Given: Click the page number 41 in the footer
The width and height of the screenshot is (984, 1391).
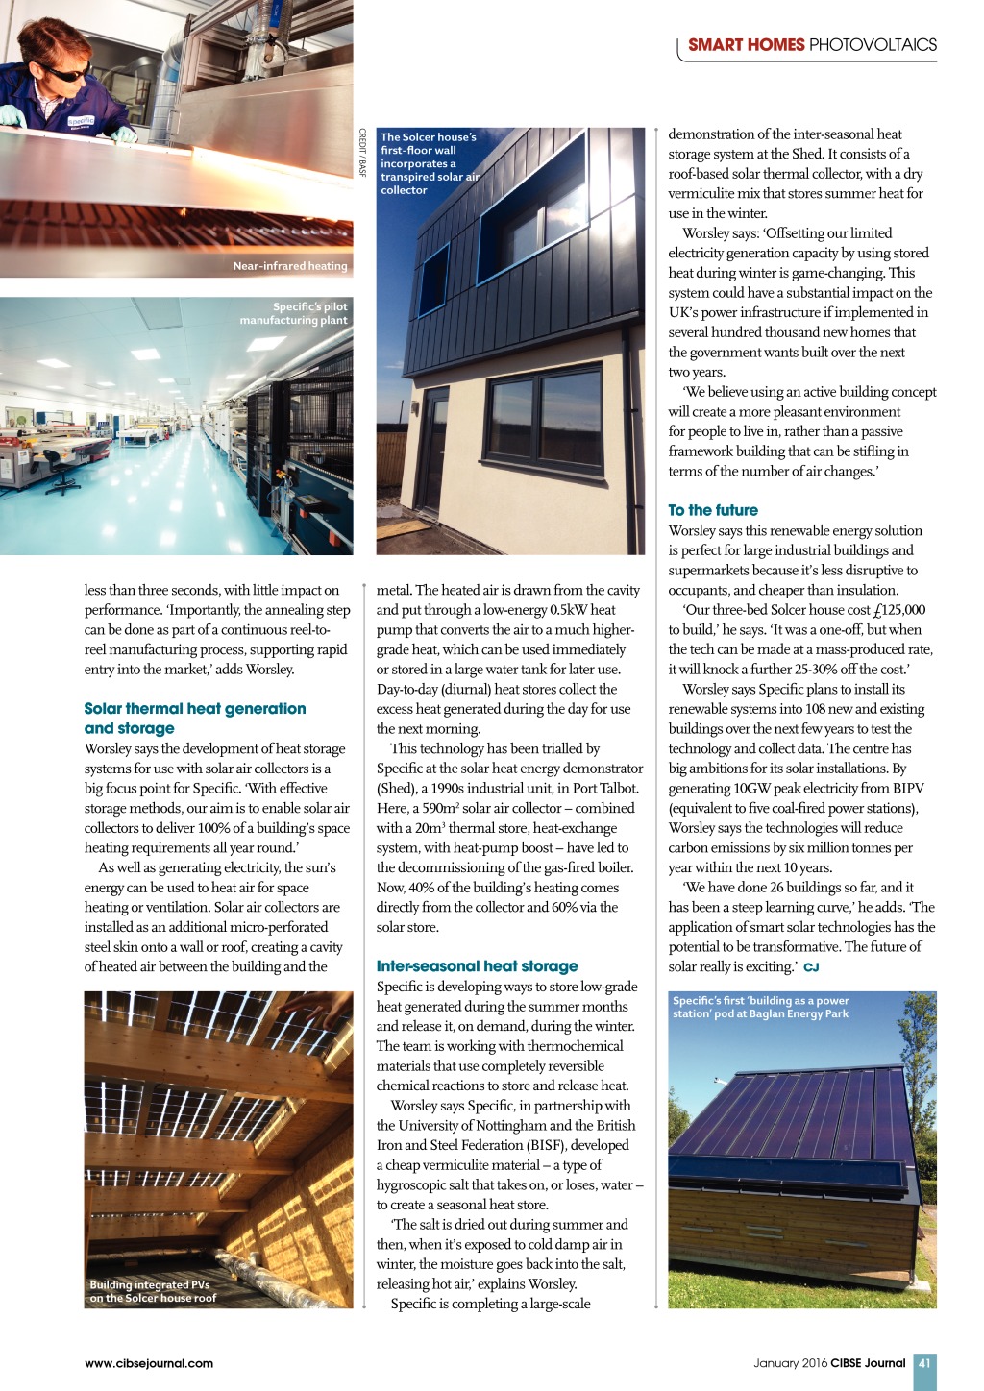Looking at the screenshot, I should click(x=924, y=1362).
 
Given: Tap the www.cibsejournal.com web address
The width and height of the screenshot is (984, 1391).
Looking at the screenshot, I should click(x=149, y=1362).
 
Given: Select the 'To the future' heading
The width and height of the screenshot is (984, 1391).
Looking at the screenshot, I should click(x=713, y=510).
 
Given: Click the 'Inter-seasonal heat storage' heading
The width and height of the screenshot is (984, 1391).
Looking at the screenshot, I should click(x=477, y=965).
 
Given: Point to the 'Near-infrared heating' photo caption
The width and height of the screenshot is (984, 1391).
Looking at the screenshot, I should click(x=289, y=266).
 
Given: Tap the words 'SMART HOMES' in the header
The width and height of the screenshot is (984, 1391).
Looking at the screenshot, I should click(x=746, y=44).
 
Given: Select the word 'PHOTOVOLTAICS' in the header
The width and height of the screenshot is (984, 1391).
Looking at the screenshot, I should click(x=873, y=44).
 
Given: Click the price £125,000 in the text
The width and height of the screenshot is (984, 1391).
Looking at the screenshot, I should click(x=898, y=610).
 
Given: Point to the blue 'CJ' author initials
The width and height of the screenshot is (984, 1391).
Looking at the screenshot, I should click(x=811, y=967).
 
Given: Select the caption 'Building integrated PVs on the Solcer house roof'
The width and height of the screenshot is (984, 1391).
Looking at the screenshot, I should click(x=153, y=1291).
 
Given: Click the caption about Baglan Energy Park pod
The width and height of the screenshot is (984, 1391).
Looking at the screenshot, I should click(x=760, y=1007).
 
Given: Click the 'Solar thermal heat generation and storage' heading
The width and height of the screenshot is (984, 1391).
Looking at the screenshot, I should click(x=194, y=718).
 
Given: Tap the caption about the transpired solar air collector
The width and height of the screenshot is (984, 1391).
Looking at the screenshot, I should click(x=429, y=163).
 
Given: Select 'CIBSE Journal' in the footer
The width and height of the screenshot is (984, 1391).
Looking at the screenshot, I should click(x=868, y=1362).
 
